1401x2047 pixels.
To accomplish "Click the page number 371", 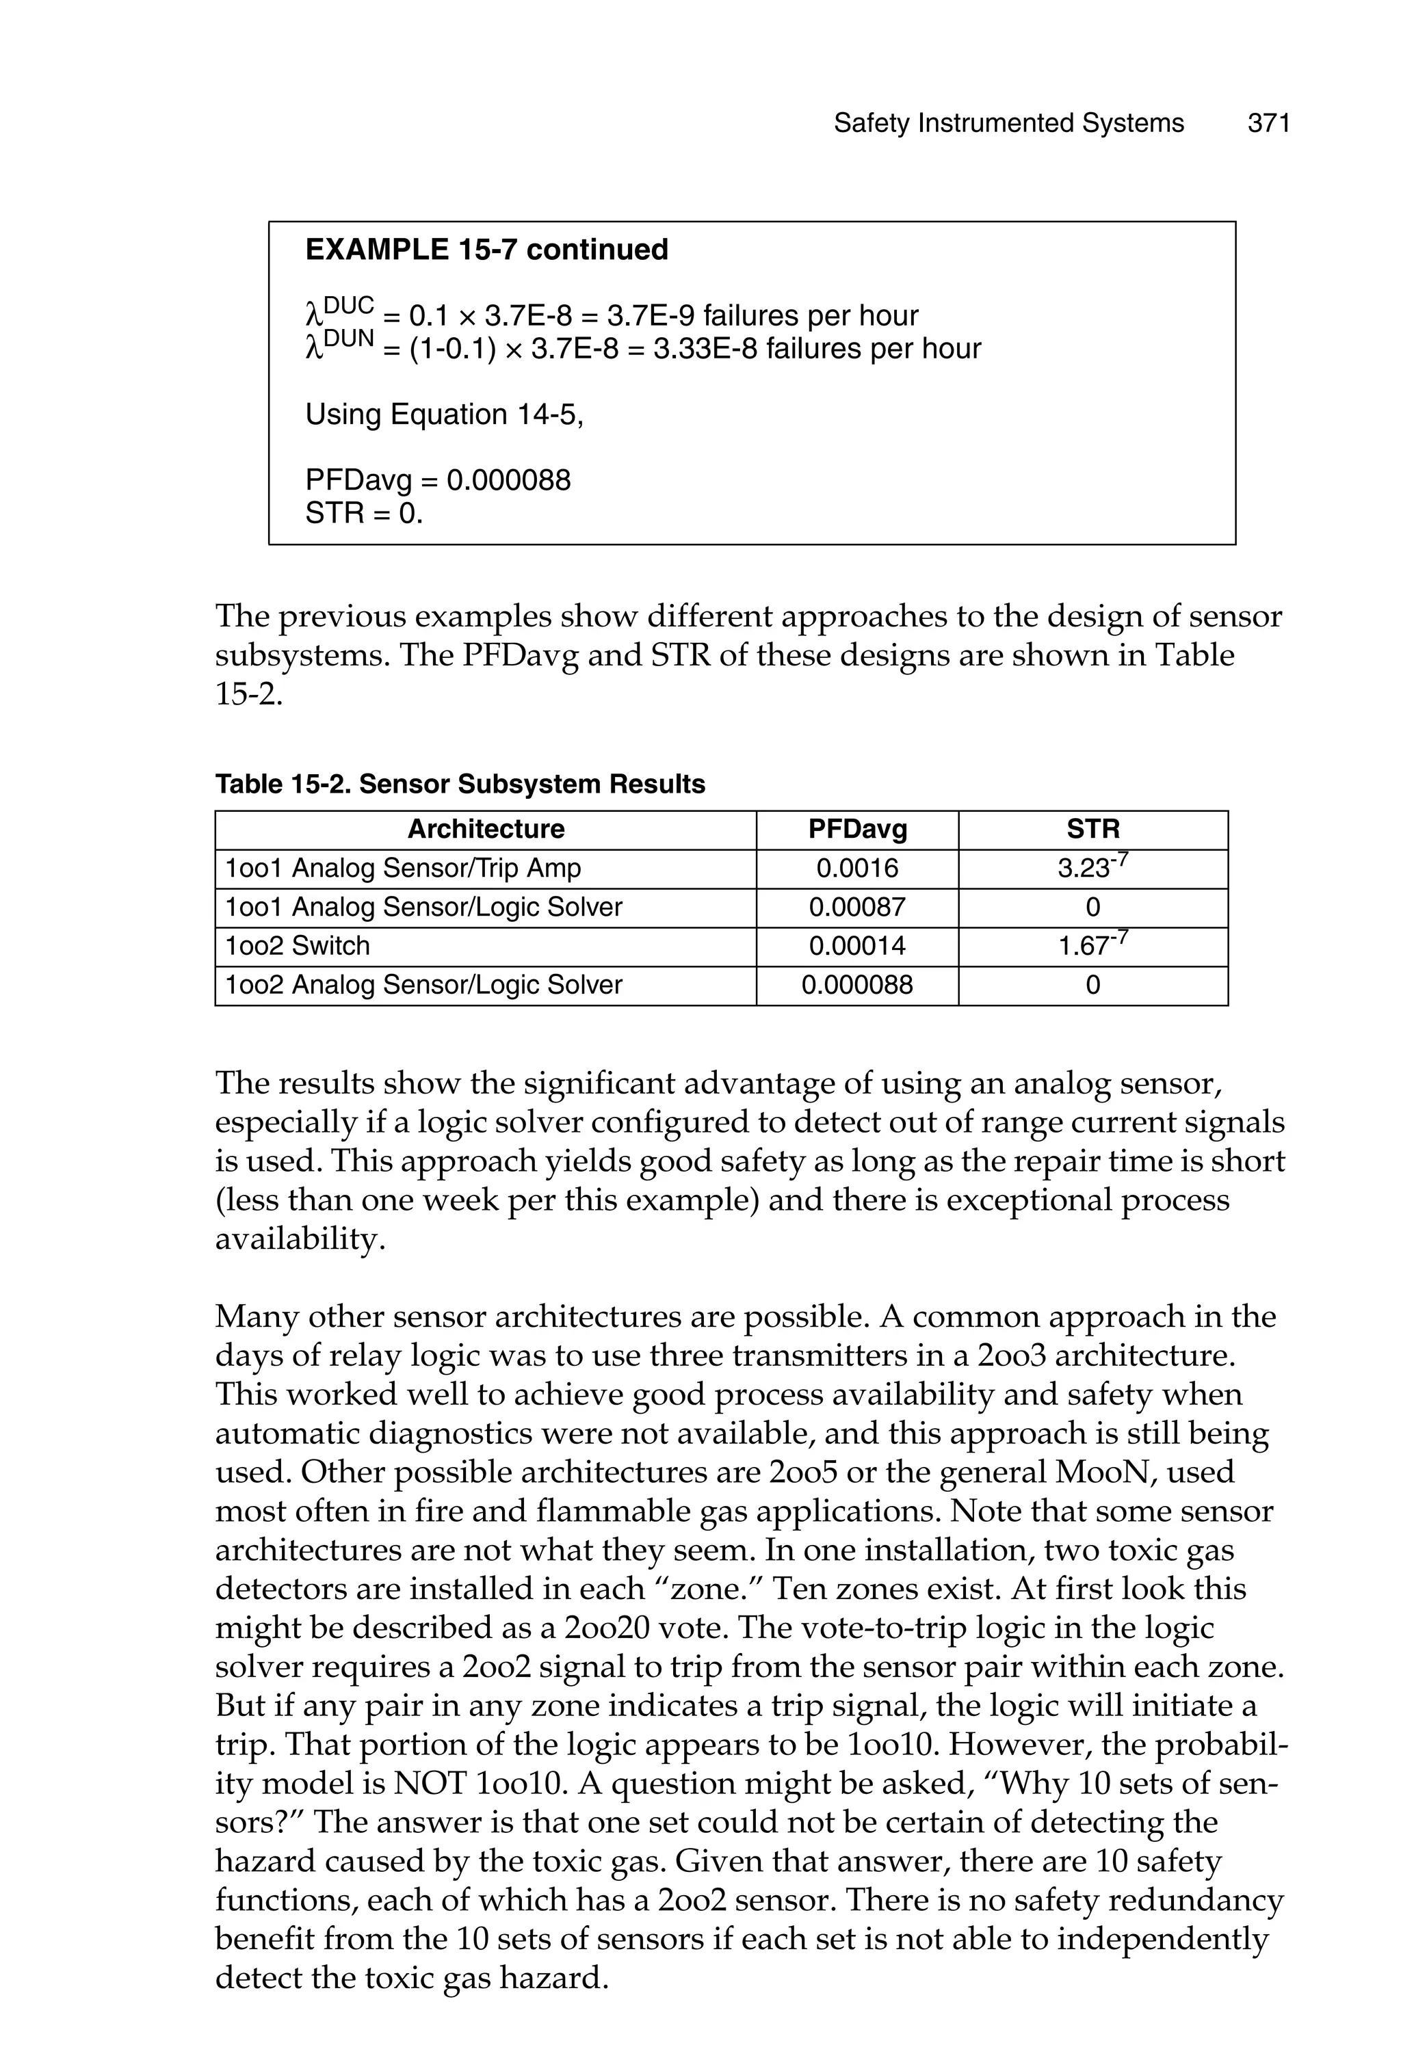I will pos(1268,123).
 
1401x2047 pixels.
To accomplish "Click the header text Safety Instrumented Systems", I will pos(1008,123).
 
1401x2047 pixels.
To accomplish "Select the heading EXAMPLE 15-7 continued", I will pos(486,250).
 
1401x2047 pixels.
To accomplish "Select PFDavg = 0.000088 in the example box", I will pos(437,480).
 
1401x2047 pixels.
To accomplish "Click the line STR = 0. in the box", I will pos(363,513).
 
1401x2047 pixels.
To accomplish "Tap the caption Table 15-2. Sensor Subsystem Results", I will pos(460,784).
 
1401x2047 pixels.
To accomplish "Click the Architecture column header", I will pos(486,829).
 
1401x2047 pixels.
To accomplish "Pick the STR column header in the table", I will pos(1092,829).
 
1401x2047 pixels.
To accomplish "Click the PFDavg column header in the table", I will pos(856,829).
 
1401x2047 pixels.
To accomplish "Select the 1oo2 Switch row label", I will pos(297,946).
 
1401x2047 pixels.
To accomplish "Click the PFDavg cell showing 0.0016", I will pos(856,869).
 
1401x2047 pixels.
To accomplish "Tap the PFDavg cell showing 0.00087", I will pos(856,908).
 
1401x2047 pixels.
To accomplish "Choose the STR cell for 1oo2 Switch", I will pos(1092,945).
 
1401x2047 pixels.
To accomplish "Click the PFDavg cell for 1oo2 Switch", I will pos(856,946).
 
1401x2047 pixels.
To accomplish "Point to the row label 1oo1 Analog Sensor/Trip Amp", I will pos(403,869).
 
